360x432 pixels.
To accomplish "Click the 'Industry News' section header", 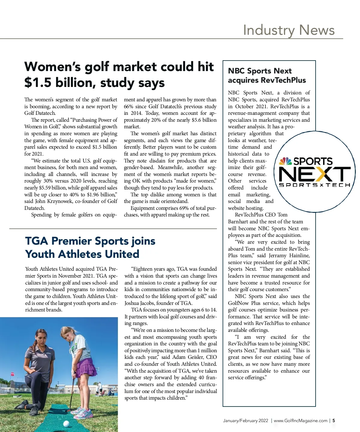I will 289,30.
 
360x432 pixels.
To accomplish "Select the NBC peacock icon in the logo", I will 285,161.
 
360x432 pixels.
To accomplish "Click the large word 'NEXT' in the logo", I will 314,174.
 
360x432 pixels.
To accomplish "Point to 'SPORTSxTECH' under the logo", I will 314,185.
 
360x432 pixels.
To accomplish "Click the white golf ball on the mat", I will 67,424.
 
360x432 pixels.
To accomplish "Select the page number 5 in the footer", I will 334,421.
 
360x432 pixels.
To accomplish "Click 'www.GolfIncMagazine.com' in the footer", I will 300,421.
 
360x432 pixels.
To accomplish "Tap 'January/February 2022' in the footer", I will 245,421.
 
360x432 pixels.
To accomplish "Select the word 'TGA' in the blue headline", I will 37,241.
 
